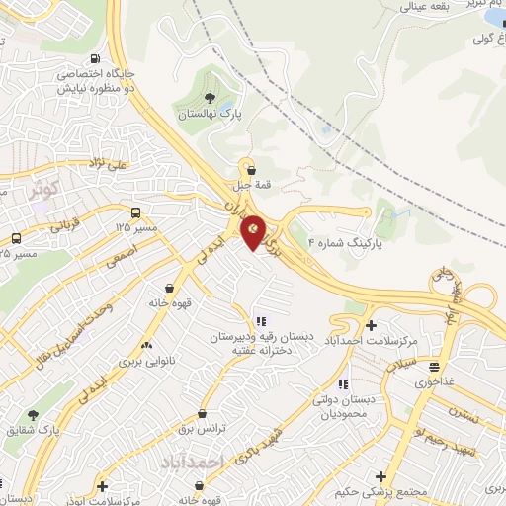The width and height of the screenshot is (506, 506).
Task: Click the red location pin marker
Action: [253, 231]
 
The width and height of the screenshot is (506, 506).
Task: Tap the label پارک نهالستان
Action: [210, 114]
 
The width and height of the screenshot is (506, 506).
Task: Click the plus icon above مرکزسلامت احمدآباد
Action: [372, 325]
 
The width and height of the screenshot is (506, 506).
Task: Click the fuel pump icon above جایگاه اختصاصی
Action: [93, 57]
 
